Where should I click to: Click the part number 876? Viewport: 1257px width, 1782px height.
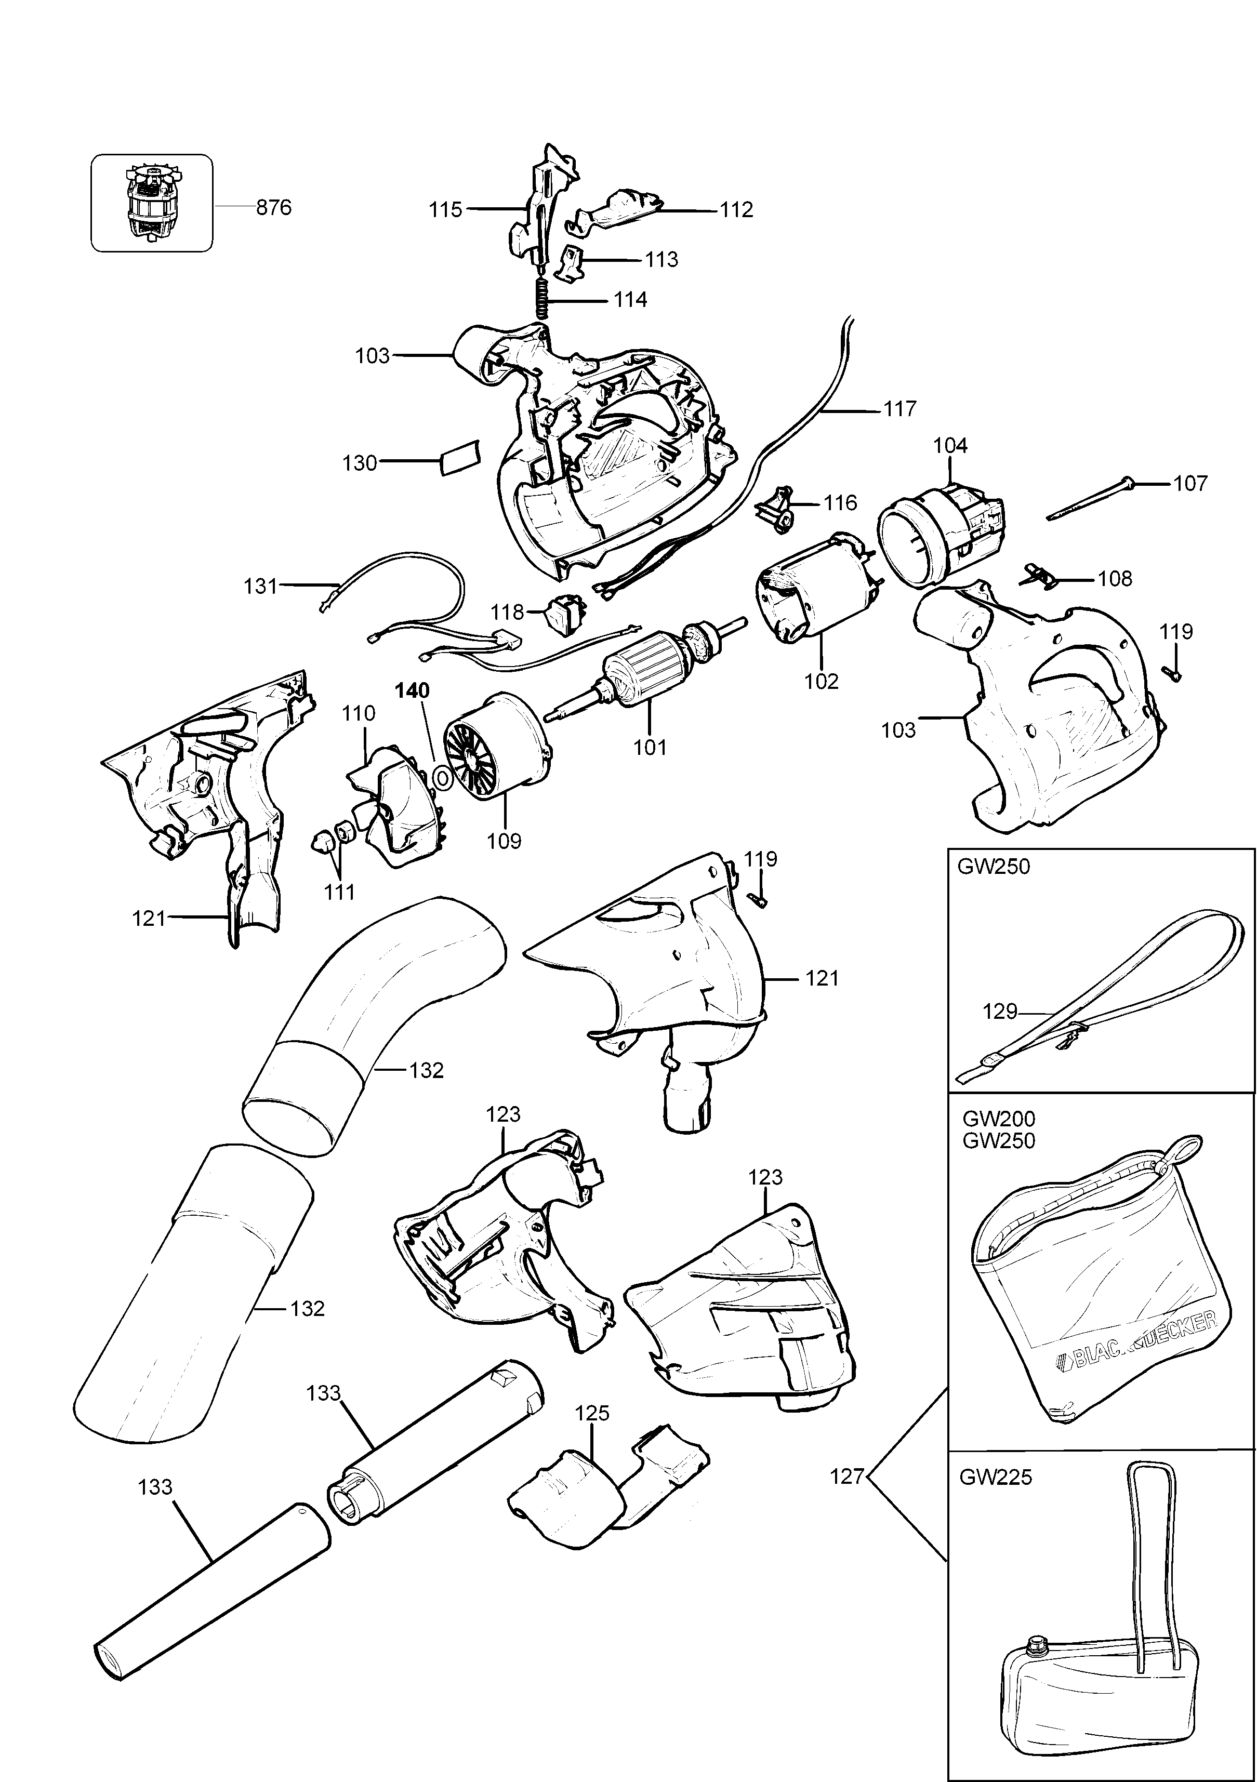pyautogui.click(x=273, y=208)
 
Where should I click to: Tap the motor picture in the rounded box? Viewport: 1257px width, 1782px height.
pyautogui.click(x=151, y=202)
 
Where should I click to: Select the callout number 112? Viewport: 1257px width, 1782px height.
pyautogui.click(x=735, y=210)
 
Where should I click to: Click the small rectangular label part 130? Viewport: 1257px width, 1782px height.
pyautogui.click(x=460, y=459)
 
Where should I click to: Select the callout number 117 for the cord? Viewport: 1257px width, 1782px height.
pyautogui.click(x=899, y=408)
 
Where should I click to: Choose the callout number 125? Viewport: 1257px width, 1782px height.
pyautogui.click(x=592, y=1413)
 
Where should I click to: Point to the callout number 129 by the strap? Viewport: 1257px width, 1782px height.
pyautogui.click(x=1000, y=1012)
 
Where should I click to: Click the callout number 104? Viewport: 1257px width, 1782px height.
pyautogui.click(x=950, y=446)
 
